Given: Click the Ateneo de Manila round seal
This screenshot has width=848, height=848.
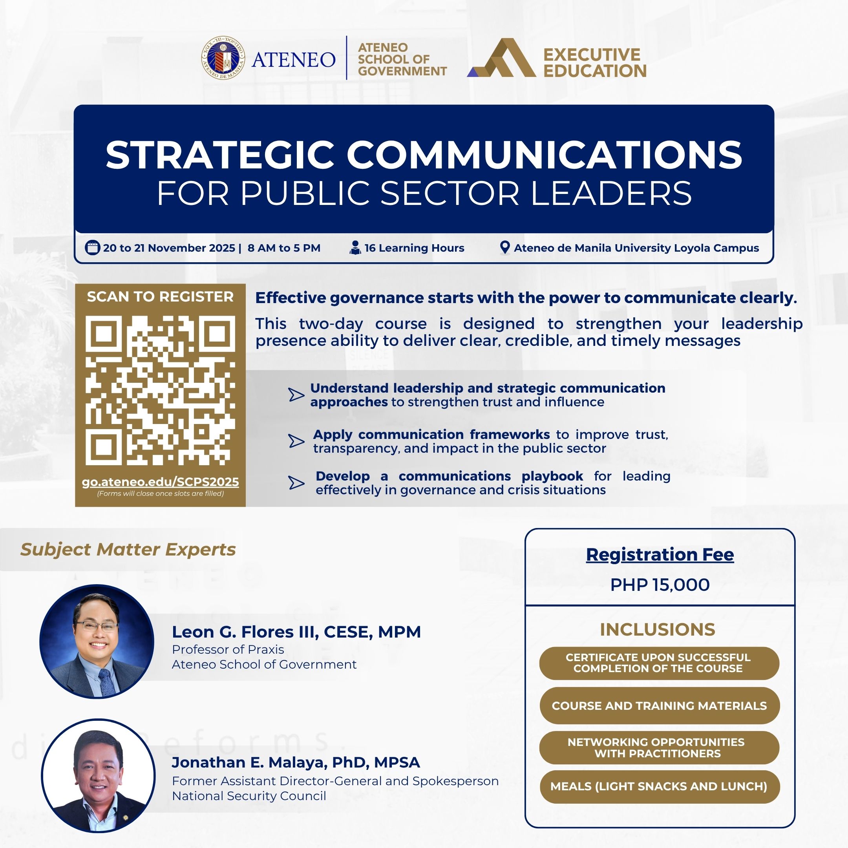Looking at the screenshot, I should coord(223,58).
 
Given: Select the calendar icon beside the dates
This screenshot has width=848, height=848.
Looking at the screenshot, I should coord(92,248).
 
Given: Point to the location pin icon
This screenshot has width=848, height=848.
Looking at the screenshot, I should coord(505,248).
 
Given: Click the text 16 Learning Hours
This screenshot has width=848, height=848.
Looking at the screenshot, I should coord(414,248).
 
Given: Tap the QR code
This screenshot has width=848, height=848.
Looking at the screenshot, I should coord(160,390).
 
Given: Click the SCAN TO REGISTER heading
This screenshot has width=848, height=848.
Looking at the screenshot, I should coord(160,297).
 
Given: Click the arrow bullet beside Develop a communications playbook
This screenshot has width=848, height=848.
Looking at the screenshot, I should coord(296,483).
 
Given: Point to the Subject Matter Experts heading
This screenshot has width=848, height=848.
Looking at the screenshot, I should coord(128,550).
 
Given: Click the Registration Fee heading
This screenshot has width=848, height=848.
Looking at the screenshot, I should coord(660,554).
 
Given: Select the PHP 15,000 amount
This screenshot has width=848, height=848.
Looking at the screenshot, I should coord(660,585).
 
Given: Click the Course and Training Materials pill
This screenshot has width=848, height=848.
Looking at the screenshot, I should coord(659,706).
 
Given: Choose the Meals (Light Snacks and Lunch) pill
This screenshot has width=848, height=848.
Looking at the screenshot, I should coord(659,786).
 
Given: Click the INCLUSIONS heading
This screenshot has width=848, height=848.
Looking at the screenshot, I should coord(658,629).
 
